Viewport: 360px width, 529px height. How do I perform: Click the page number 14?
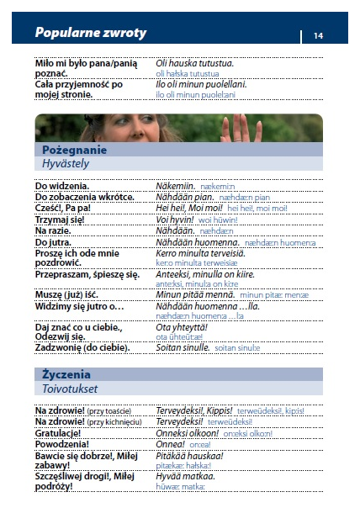[318, 35]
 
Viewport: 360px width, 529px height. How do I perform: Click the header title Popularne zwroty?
[90, 34]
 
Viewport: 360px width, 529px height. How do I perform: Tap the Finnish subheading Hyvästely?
[66, 163]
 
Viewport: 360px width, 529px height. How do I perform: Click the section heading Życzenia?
[66, 374]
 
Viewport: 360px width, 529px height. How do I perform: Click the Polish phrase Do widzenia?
[62, 185]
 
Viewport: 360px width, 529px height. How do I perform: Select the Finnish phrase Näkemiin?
[176, 185]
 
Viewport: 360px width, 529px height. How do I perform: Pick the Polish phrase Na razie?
[54, 230]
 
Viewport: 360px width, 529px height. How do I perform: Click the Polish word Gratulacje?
[63, 433]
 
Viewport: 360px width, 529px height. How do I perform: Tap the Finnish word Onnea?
[171, 444]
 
